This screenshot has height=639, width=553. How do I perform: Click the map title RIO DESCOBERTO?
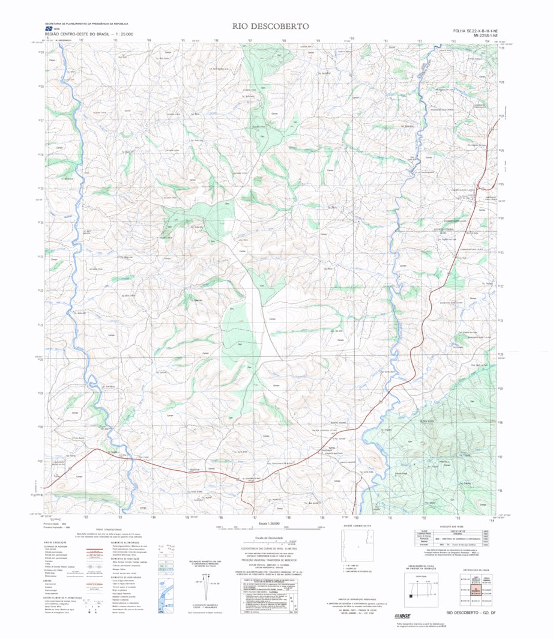[x=271, y=26]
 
